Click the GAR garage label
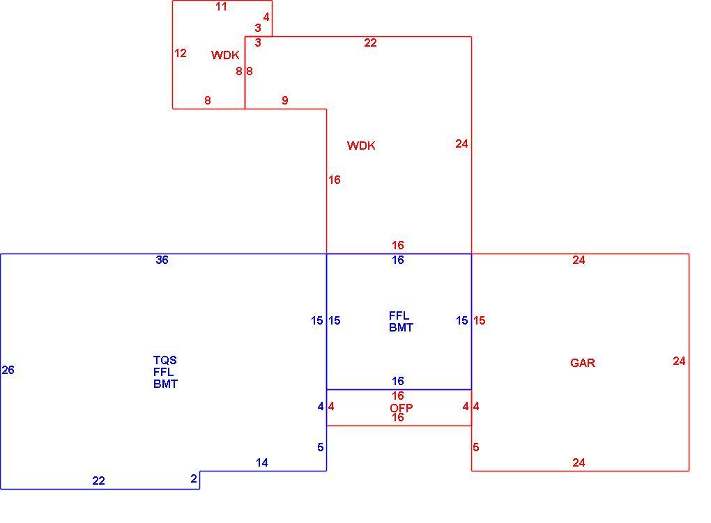[583, 363]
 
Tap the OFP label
[402, 408]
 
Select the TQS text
[165, 360]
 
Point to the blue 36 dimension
[162, 260]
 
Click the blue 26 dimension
[8, 370]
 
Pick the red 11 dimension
[221, 6]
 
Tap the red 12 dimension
[181, 53]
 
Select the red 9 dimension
[285, 100]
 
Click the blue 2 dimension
[194, 478]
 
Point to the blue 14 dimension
[261, 462]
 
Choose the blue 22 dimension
[98, 481]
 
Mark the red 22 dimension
[370, 42]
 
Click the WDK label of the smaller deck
[225, 55]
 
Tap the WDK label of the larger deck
[361, 146]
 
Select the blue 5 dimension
[320, 447]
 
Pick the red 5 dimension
[475, 447]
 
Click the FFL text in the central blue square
[399, 315]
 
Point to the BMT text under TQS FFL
[165, 384]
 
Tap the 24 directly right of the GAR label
[679, 361]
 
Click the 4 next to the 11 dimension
[266, 17]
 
